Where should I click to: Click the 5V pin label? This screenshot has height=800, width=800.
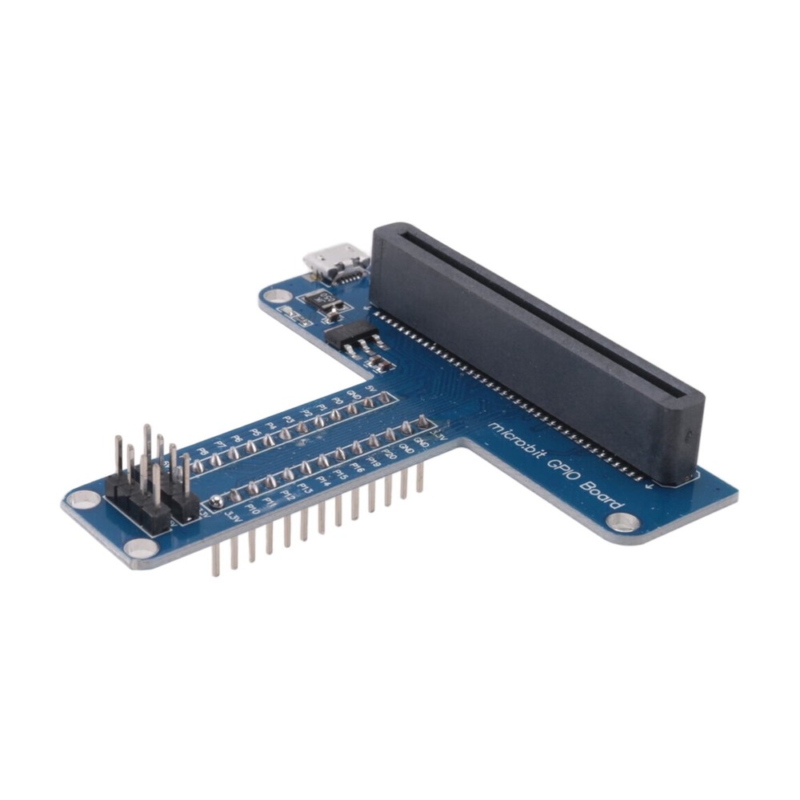click(x=370, y=388)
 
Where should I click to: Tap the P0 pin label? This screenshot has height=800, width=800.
click(x=337, y=401)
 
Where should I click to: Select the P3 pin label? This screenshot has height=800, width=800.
click(x=288, y=418)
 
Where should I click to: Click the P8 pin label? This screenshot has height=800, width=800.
click(x=203, y=450)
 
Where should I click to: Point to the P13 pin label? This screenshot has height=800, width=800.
click(x=305, y=488)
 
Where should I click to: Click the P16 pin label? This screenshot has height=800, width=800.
click(x=357, y=469)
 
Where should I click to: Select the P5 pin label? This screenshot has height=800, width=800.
click(x=254, y=432)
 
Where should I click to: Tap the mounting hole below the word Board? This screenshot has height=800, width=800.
click(x=622, y=522)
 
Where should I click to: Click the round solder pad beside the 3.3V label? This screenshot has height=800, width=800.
click(x=217, y=502)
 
